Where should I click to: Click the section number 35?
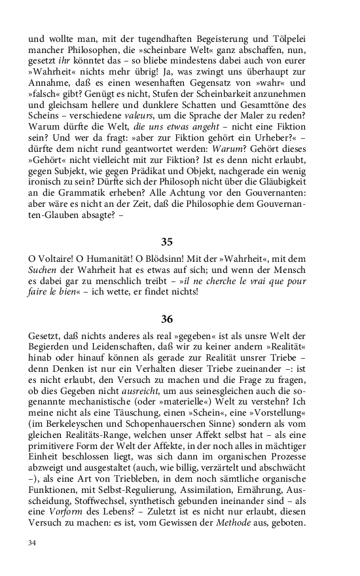pyautogui.click(x=167, y=242)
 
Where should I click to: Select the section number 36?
pyautogui.click(x=167, y=319)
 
